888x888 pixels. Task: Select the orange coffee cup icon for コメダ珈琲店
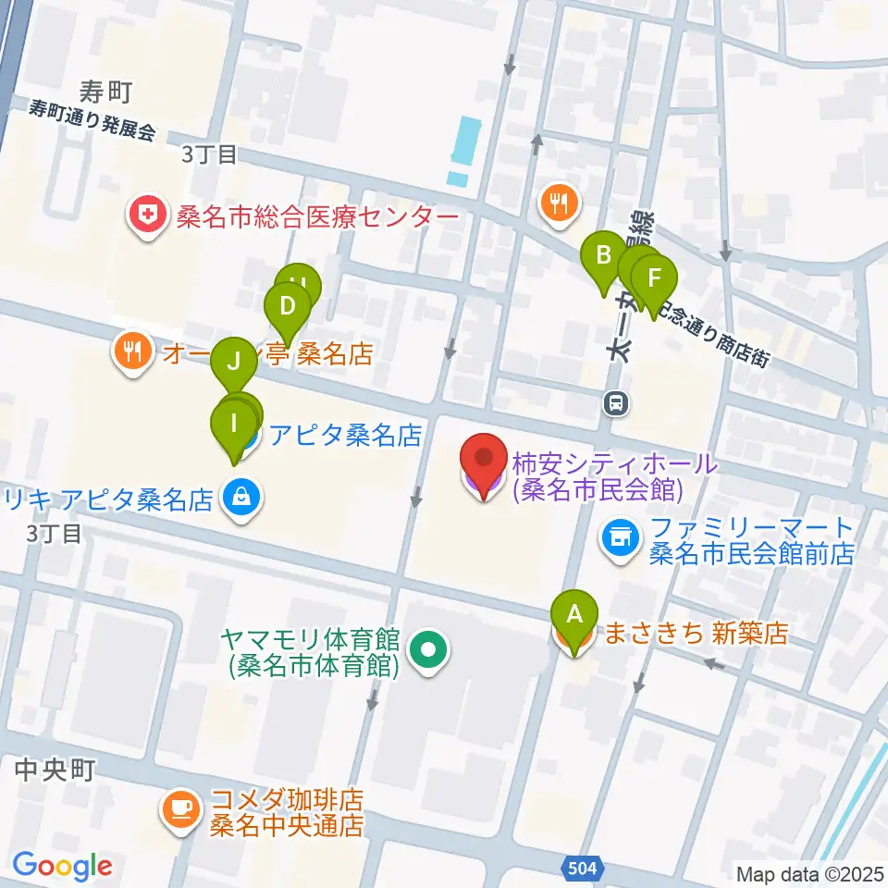click(x=179, y=808)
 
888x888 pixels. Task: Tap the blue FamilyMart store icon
click(x=619, y=537)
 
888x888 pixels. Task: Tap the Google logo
click(x=63, y=865)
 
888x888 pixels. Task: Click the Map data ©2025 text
click(x=809, y=873)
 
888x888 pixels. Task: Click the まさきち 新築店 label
click(x=695, y=634)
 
